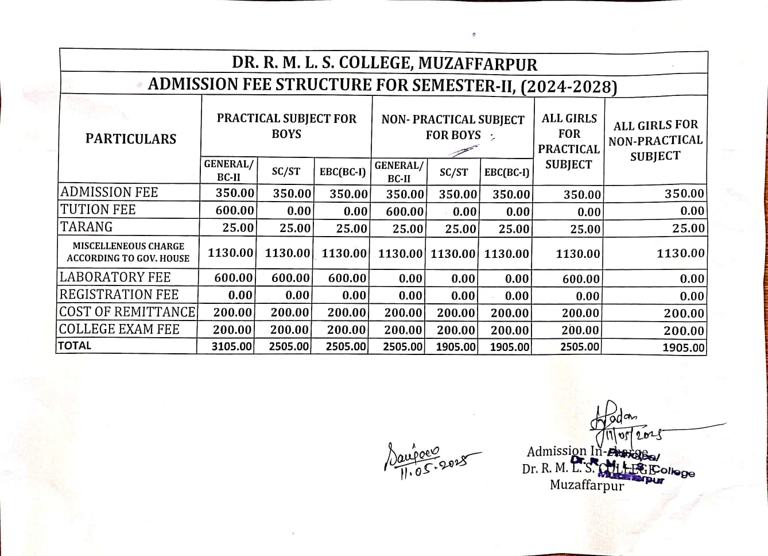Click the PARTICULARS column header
click(130, 138)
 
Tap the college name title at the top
click(384, 63)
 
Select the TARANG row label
click(87, 227)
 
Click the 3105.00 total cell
click(232, 346)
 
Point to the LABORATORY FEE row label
click(115, 277)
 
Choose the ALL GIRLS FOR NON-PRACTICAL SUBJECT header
click(655, 140)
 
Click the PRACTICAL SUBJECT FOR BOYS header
click(286, 126)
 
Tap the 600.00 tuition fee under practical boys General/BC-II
click(234, 211)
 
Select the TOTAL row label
click(75, 346)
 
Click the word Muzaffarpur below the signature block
click(586, 485)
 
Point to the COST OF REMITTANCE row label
click(127, 312)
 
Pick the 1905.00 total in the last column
click(682, 347)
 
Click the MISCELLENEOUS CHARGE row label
click(128, 252)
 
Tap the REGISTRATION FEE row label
click(119, 295)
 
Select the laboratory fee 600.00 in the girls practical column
click(581, 279)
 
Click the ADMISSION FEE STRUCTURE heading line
click(382, 85)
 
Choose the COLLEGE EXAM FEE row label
click(119, 329)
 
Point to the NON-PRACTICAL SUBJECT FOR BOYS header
click(453, 127)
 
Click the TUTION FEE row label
click(98, 210)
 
